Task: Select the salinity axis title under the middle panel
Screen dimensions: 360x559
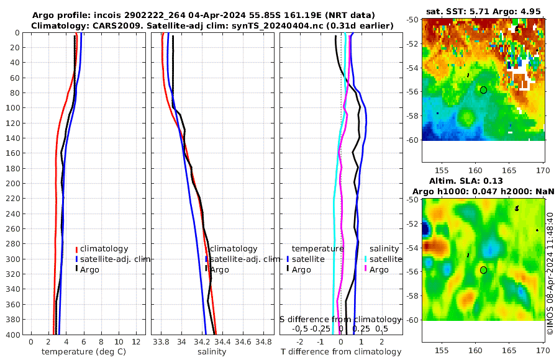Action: (x=212, y=352)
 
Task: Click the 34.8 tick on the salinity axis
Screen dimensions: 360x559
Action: (x=264, y=342)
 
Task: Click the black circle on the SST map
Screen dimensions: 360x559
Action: (x=483, y=90)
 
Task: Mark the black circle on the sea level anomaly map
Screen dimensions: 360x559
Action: (x=483, y=270)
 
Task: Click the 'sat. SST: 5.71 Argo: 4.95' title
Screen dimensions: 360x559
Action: (x=484, y=11)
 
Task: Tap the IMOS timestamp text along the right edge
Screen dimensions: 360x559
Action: (x=550, y=274)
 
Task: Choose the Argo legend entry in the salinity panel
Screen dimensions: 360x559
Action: (x=219, y=269)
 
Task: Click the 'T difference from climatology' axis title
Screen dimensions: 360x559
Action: (x=341, y=352)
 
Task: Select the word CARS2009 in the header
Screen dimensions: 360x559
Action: (x=106, y=25)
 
